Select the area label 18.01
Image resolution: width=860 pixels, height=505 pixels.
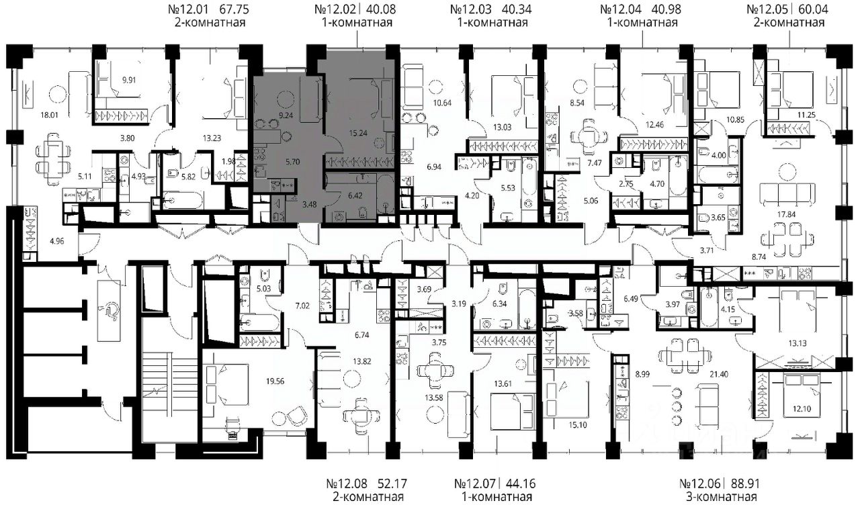click(49, 115)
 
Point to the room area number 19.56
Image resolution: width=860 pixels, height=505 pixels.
click(275, 381)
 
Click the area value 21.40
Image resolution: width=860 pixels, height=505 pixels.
click(719, 374)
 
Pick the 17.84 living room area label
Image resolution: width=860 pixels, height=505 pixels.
click(786, 214)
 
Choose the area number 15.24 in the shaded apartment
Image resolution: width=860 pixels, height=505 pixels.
click(358, 133)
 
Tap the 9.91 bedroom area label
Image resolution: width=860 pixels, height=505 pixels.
click(129, 80)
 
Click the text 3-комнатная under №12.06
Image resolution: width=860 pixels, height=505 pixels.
click(721, 496)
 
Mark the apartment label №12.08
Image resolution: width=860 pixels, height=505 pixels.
click(347, 484)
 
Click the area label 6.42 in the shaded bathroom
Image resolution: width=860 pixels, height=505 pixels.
click(355, 195)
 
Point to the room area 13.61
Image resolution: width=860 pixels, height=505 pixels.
click(503, 383)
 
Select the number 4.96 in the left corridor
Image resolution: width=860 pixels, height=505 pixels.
click(57, 241)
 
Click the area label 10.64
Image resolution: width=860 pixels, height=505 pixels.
click(442, 103)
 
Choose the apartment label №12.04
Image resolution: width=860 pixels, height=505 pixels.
click(620, 9)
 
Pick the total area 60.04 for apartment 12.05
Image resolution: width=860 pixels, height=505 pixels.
click(813, 9)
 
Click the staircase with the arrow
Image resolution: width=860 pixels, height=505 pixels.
click(156, 391)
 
